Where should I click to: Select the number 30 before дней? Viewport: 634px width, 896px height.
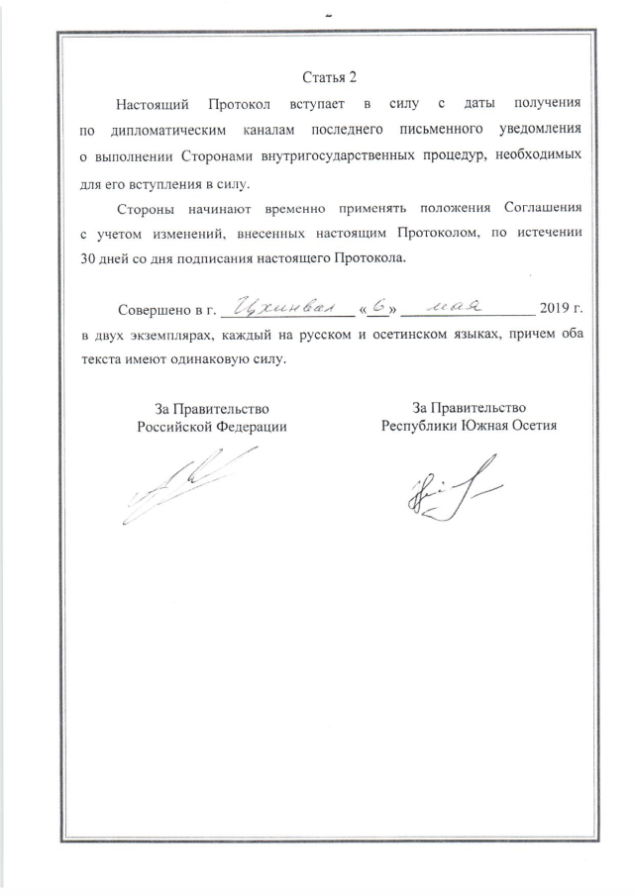tap(90, 258)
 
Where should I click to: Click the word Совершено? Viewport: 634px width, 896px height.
tap(152, 308)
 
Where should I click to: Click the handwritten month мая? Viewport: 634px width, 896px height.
tap(455, 305)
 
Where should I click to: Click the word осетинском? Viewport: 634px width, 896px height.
tap(373, 335)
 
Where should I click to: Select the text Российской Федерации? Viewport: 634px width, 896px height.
tap(211, 427)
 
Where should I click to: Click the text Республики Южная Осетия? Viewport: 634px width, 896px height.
tap(470, 426)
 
